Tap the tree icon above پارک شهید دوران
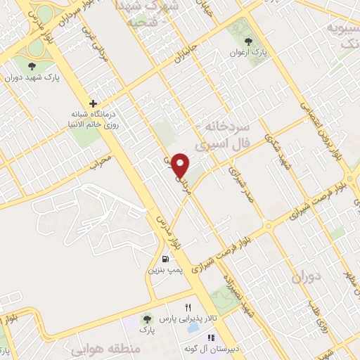[x=30, y=66]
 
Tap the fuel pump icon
[x=165, y=257]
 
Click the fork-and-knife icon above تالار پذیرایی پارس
[x=188, y=308]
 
